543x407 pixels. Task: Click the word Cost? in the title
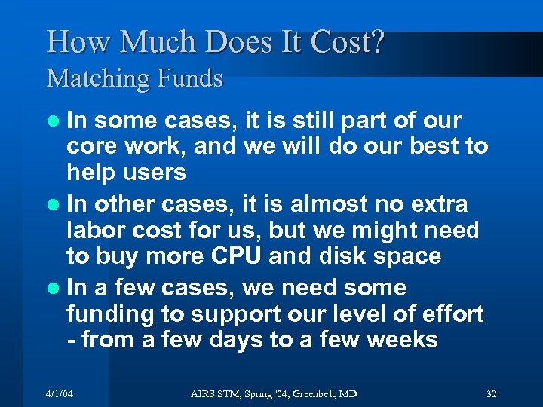coord(342,42)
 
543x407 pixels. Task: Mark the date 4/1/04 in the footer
coord(60,393)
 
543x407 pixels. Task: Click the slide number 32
coord(492,393)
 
